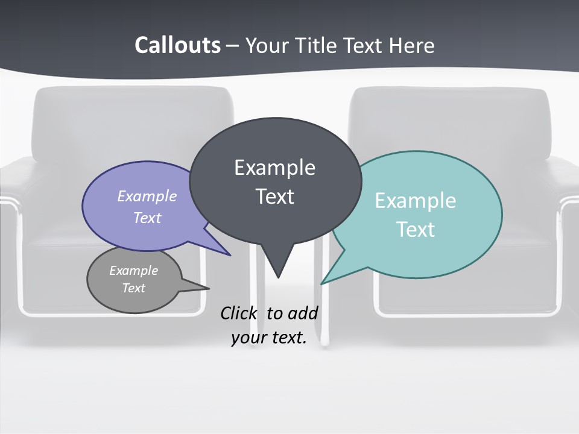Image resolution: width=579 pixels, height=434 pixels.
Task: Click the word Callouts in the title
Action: (x=177, y=45)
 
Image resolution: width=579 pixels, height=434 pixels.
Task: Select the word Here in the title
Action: (x=413, y=45)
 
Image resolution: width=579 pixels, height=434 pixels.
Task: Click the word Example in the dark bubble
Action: (x=274, y=168)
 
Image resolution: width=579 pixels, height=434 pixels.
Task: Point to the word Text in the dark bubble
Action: (x=274, y=197)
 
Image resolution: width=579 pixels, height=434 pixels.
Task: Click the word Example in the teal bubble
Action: (x=415, y=201)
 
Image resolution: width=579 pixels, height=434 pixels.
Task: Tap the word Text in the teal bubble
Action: (x=415, y=230)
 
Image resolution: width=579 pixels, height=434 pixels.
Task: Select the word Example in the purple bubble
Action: (x=147, y=196)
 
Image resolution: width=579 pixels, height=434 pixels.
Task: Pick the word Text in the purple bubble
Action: (x=147, y=218)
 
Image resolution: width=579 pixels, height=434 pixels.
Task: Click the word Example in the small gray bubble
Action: (x=133, y=271)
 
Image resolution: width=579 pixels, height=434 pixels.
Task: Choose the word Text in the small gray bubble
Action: (x=133, y=288)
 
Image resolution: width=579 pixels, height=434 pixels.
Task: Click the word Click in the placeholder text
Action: (x=239, y=313)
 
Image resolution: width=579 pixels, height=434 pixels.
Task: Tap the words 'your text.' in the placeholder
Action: (x=268, y=338)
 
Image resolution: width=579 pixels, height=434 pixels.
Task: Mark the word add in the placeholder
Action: (x=303, y=313)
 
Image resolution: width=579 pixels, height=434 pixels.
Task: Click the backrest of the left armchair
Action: (x=133, y=121)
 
